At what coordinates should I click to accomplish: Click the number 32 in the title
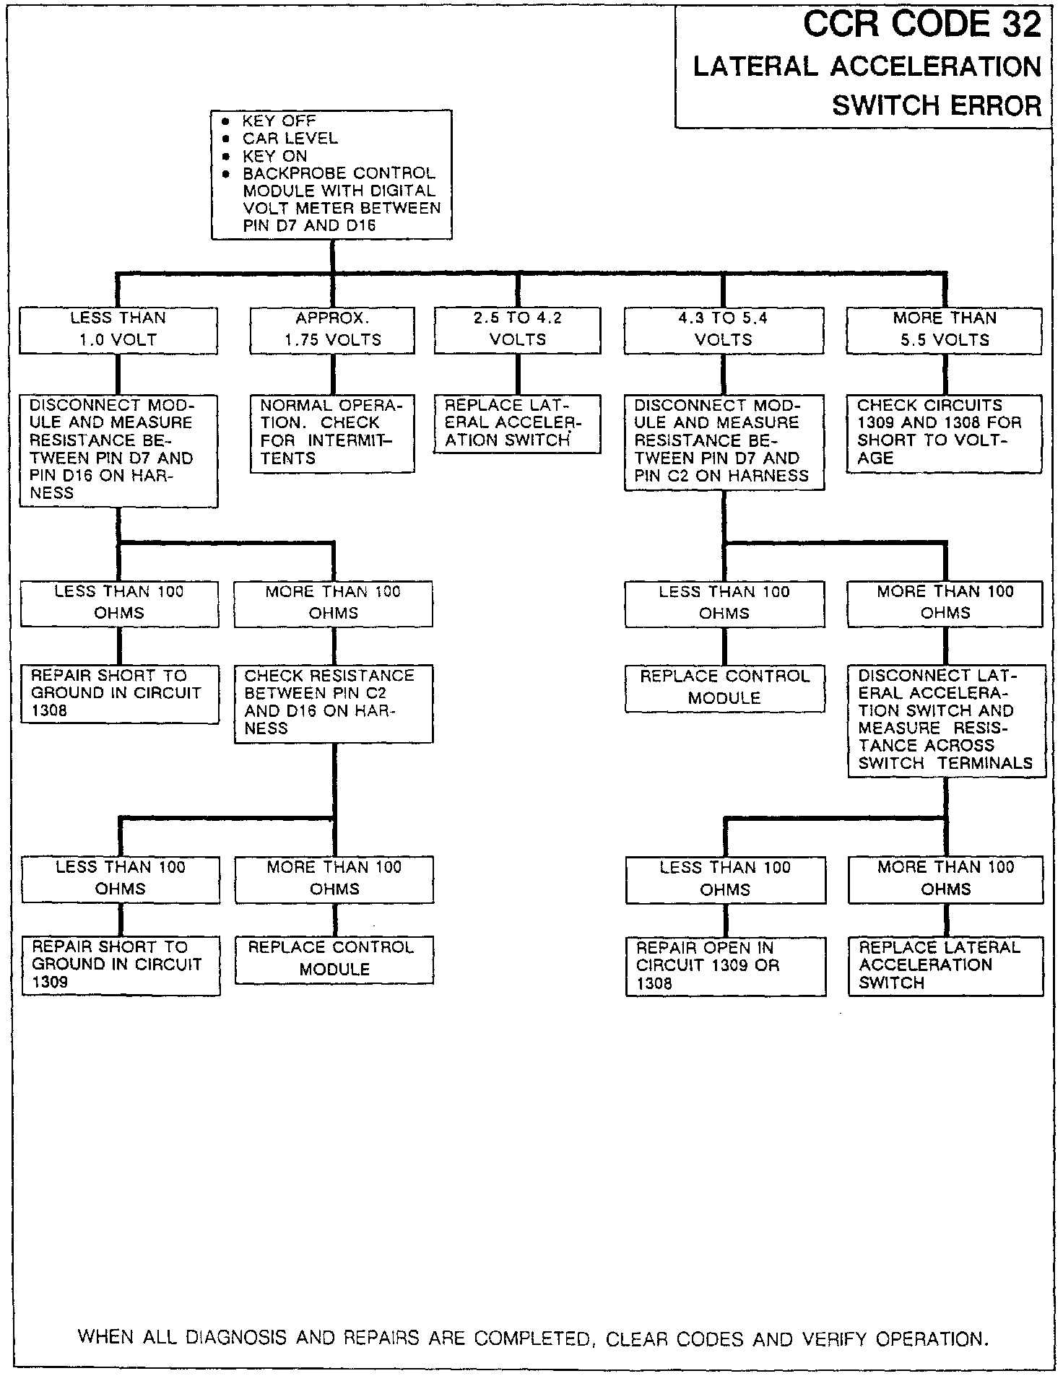coord(1021,26)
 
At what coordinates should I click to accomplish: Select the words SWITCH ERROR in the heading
coord(937,106)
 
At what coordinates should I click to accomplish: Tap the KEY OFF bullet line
coord(279,121)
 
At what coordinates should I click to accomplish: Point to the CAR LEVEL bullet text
coord(290,138)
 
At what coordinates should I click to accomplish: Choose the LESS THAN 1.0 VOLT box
coord(118,330)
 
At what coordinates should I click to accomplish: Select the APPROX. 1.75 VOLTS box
coord(332,330)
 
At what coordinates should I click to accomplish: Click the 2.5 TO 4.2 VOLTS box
coord(517,330)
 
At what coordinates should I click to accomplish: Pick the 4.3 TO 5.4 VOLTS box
coord(724,330)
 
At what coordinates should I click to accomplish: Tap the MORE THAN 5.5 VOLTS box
coord(944,330)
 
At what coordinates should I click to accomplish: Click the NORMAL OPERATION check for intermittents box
coord(332,432)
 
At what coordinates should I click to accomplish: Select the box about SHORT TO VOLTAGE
coord(944,432)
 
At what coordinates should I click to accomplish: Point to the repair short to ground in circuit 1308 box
coord(119,693)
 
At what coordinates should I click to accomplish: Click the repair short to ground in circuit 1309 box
coord(121,964)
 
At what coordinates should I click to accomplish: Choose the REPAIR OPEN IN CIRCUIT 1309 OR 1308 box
coord(725,966)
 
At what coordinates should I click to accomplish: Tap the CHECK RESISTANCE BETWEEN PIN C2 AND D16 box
coord(334,702)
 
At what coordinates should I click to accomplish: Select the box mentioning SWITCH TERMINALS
coord(946,720)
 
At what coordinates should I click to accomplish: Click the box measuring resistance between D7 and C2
coord(724,441)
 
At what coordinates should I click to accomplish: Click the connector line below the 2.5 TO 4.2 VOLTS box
coord(518,374)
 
